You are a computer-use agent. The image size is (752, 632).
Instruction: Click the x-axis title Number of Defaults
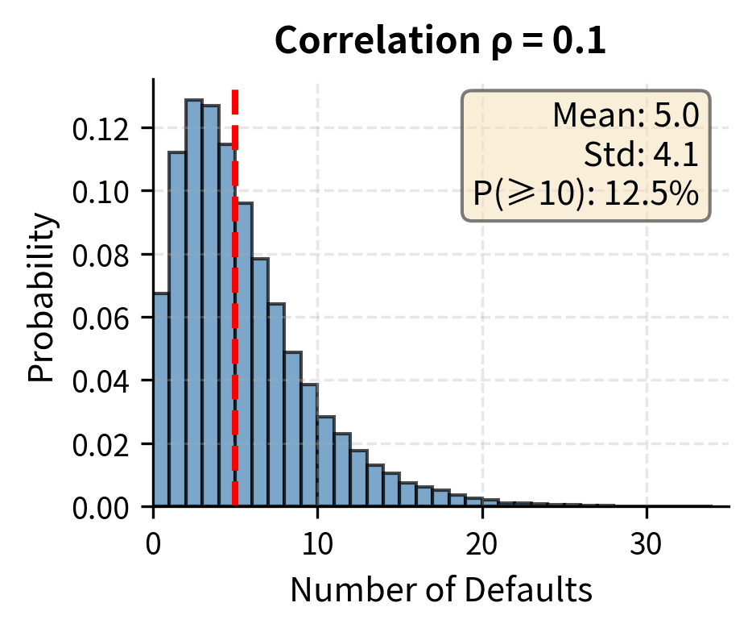(x=440, y=591)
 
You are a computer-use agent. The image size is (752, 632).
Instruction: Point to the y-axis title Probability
(x=43, y=297)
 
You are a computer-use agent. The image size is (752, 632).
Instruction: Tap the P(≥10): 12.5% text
(x=586, y=193)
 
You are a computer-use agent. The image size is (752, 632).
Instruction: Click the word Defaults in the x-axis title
(x=534, y=591)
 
